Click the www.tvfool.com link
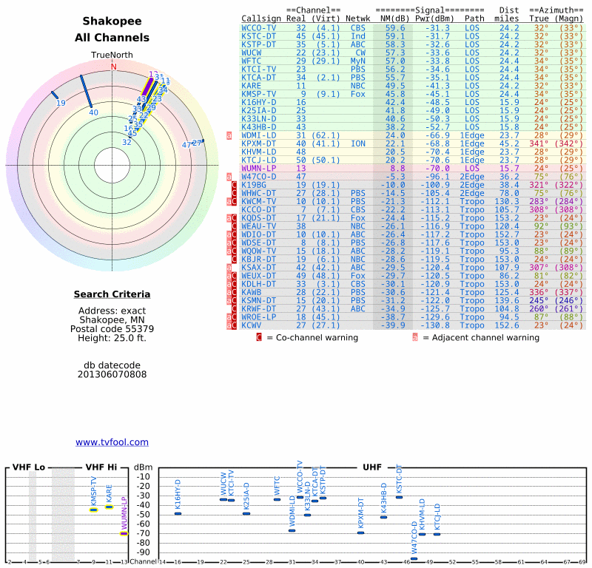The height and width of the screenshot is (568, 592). point(112,442)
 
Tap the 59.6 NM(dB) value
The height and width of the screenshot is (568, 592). point(394,27)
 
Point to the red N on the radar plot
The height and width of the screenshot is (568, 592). point(113,67)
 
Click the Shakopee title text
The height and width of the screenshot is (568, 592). point(112,21)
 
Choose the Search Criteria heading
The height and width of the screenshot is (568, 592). point(112,294)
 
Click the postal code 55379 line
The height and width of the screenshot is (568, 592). point(112,328)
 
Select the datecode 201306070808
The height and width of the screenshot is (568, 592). point(112,374)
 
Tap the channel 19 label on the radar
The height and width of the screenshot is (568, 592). point(61,103)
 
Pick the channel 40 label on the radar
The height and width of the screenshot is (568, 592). point(93,112)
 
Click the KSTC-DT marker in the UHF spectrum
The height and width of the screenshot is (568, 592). point(399,497)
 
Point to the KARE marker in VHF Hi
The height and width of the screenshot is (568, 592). point(109,507)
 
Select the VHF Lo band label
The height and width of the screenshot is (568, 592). point(29,467)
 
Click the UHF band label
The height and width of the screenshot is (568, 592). point(371,467)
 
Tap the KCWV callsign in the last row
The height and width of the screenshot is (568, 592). point(253,325)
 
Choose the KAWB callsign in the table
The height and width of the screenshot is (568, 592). point(253,292)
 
